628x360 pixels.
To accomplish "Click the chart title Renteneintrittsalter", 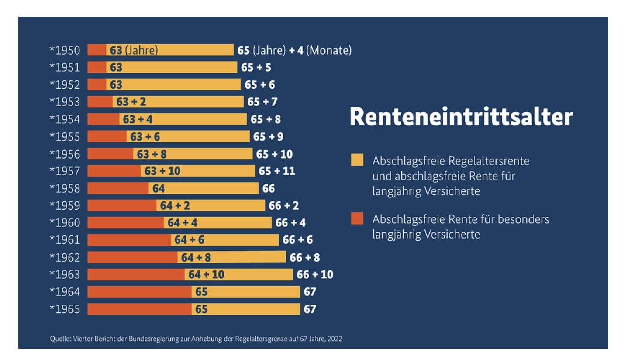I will click(x=461, y=117).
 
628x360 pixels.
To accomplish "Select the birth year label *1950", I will click(x=65, y=50).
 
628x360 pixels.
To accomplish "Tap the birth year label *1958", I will click(x=65, y=188).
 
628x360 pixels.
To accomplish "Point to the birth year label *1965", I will click(x=65, y=309).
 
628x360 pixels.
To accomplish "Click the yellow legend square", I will click(x=357, y=160).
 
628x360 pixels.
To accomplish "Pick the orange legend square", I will click(x=357, y=218).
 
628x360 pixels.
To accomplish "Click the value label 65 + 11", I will click(x=277, y=171).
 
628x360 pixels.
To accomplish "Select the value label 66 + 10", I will click(x=314, y=274).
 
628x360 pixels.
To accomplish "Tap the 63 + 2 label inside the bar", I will click(x=131, y=102).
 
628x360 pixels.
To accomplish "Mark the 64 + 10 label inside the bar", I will click(x=206, y=274).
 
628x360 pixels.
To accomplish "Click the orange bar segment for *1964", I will click(x=139, y=291).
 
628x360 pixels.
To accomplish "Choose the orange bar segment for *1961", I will click(x=129, y=240).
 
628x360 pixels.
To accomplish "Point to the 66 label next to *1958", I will click(x=269, y=188).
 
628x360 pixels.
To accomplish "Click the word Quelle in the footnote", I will click(x=59, y=339).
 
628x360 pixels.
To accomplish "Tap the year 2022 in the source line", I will click(x=334, y=339).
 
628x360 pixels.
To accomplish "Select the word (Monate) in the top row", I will click(x=328, y=50).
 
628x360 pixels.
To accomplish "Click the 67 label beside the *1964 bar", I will click(x=310, y=291).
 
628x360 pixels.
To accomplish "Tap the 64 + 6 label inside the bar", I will click(x=189, y=240).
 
